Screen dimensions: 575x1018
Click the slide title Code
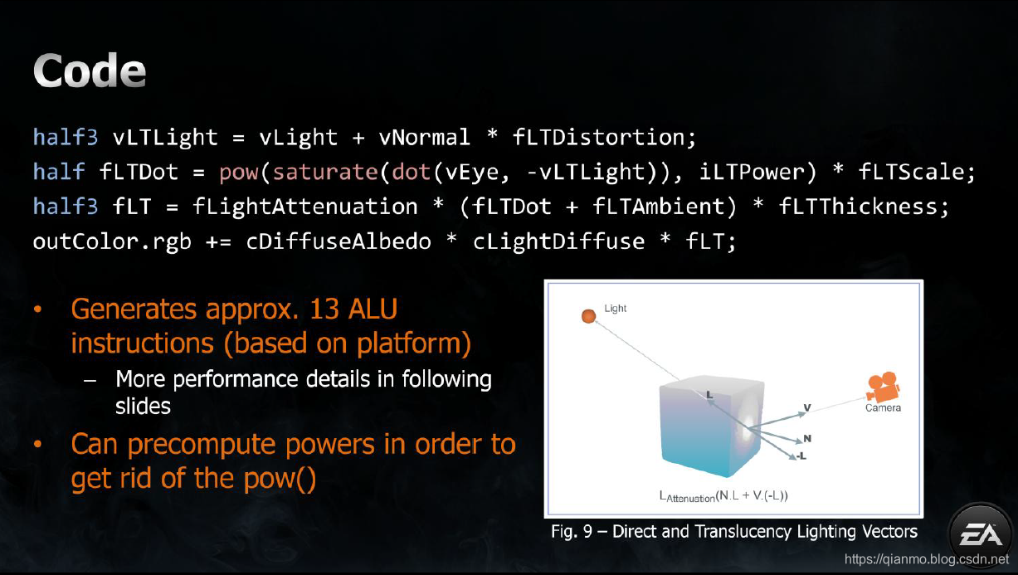click(x=90, y=72)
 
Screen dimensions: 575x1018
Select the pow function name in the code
click(x=239, y=172)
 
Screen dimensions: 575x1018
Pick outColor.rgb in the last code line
click(x=112, y=241)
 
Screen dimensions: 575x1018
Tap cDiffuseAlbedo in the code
click(x=339, y=241)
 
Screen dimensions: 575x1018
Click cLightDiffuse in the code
click(x=558, y=241)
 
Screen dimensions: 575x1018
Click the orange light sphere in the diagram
click(x=588, y=316)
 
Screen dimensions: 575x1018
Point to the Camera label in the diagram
click(x=883, y=407)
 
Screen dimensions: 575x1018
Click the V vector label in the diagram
click(x=806, y=407)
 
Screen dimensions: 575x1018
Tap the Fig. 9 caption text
click(x=734, y=531)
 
